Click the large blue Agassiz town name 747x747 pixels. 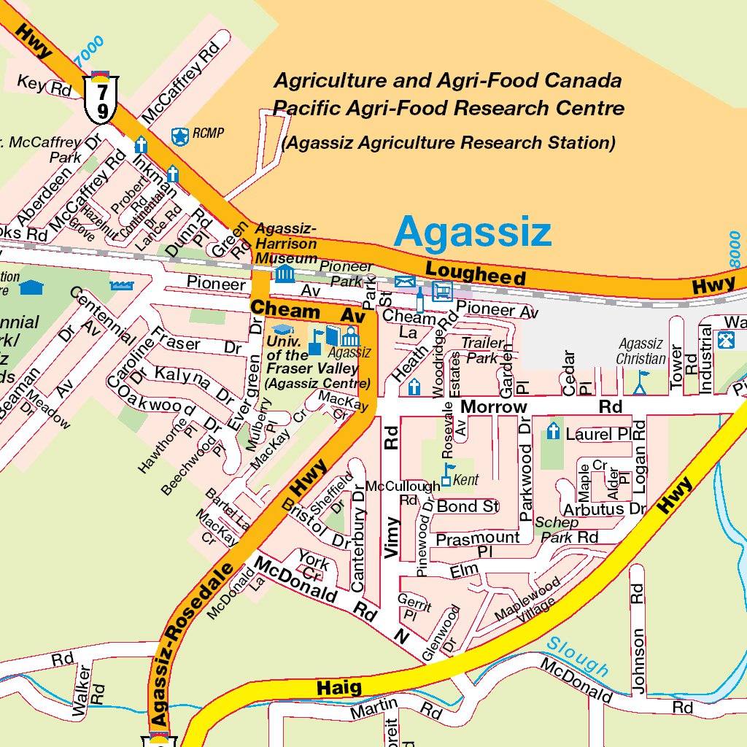coord(472,233)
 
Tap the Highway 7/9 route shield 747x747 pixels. coord(102,100)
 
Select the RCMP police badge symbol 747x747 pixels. coord(179,135)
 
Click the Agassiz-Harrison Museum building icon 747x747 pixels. coord(284,274)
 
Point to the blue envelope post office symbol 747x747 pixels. coord(403,282)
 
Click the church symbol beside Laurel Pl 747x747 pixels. coord(553,432)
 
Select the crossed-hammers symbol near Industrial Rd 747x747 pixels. coord(726,340)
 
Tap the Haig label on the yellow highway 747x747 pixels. coord(339,687)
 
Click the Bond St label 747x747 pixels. coord(468,506)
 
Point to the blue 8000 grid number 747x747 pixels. coord(735,249)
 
